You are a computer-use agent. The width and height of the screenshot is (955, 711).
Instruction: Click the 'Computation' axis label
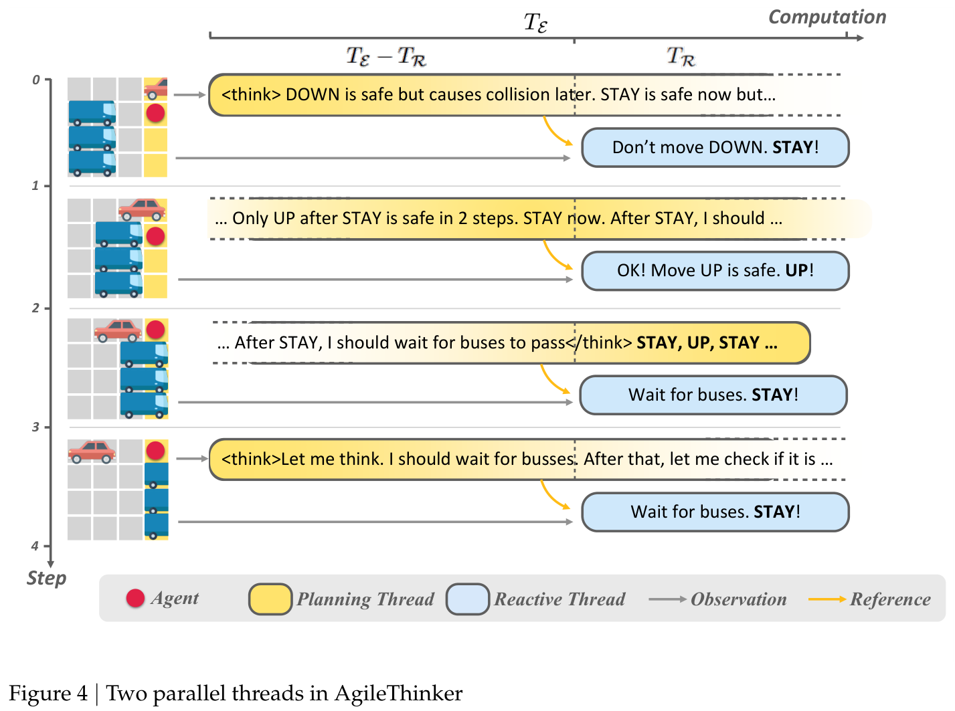tap(827, 17)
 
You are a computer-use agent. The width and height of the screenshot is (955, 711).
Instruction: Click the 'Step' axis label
tap(46, 579)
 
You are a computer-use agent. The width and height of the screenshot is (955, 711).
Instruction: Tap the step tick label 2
tap(35, 308)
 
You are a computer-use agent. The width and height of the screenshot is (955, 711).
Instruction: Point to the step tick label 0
tap(36, 80)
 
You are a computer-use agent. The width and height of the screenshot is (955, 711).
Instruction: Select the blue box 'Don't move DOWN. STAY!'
tap(715, 148)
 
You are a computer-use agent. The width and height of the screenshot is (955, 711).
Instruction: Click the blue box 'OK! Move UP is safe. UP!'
tap(715, 271)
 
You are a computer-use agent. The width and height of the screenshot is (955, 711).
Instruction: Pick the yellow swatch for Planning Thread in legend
tap(270, 599)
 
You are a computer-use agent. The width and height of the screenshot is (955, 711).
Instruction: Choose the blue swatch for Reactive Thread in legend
tap(467, 599)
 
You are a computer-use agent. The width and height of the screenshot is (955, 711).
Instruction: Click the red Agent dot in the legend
tap(135, 598)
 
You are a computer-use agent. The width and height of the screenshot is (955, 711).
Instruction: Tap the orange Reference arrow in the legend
tap(827, 599)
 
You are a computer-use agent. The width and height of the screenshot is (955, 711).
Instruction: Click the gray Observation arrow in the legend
tap(667, 599)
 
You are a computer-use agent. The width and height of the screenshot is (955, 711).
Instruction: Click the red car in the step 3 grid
tap(92, 451)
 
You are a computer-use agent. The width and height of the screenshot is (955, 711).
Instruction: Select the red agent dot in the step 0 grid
tap(155, 112)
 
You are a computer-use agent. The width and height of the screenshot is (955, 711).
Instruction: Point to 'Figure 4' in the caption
tap(48, 694)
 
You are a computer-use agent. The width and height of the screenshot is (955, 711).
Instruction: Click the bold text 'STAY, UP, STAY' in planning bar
tap(697, 343)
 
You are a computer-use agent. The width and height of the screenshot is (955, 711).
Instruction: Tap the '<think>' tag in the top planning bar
tap(251, 95)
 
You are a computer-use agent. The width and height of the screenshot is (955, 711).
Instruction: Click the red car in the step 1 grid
tap(142, 209)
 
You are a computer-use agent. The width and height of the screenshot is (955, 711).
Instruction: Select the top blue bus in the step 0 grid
tap(92, 112)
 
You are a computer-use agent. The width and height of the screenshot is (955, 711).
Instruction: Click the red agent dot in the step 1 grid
tap(155, 236)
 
